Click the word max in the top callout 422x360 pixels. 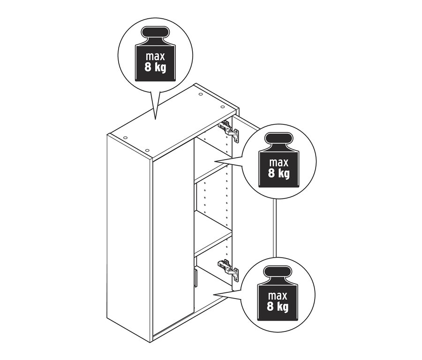point(155,57)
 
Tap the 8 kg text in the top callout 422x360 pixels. point(155,68)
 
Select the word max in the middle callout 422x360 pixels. point(279,162)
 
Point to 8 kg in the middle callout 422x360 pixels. point(279,173)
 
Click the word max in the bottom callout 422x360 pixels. point(278,296)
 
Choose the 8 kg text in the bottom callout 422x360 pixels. point(278,306)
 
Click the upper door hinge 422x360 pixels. point(229,131)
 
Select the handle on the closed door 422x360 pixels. point(195,277)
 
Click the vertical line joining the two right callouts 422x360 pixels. point(274,229)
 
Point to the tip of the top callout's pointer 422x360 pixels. point(155,119)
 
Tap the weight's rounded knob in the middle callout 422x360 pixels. point(279,138)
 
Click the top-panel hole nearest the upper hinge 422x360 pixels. point(223,107)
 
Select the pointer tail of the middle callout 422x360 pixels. point(228,161)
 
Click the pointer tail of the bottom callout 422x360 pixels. point(228,294)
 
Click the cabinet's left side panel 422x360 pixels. point(128,237)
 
